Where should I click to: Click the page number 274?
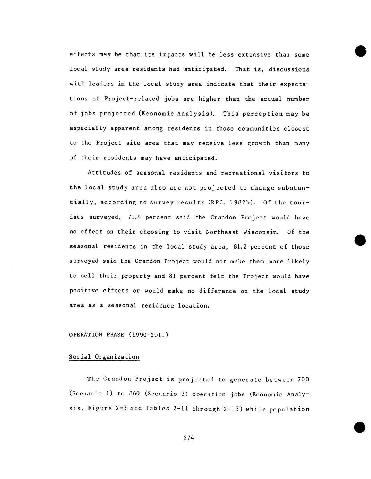(x=188, y=438)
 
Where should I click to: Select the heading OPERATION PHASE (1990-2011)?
(x=119, y=335)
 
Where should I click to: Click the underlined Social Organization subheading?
(x=104, y=357)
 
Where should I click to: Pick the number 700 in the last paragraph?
(x=303, y=379)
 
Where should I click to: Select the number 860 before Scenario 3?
(x=134, y=394)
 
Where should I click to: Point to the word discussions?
(x=289, y=69)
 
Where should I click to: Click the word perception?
(x=263, y=114)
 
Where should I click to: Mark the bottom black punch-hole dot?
(x=360, y=427)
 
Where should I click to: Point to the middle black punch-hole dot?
(x=360, y=240)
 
